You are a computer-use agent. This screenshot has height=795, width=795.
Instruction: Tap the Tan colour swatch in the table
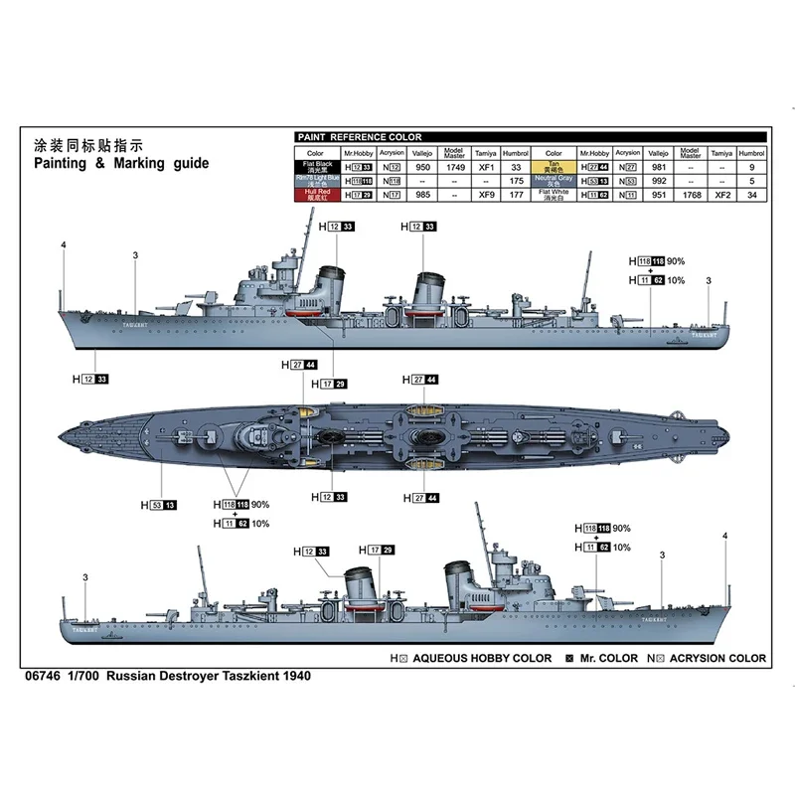click(553, 170)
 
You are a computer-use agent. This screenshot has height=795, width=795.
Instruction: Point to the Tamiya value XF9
click(487, 197)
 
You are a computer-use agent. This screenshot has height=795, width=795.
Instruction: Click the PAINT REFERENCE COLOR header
click(361, 137)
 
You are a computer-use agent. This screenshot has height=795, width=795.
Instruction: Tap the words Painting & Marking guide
click(121, 163)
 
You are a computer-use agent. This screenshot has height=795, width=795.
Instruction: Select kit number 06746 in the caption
click(40, 676)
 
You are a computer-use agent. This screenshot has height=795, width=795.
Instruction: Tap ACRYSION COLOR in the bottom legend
click(717, 658)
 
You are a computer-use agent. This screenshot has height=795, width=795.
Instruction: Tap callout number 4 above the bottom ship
click(725, 538)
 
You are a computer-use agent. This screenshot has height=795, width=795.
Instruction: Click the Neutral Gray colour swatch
click(553, 183)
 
